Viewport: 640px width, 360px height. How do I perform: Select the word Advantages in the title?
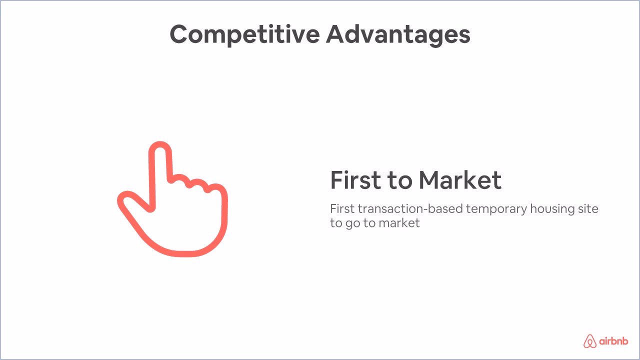click(398, 34)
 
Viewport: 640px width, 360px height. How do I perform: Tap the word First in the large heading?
click(354, 180)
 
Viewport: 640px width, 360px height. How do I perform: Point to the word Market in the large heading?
click(459, 180)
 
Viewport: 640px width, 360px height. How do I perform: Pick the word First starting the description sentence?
click(342, 208)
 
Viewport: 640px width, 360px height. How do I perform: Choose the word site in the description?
click(588, 208)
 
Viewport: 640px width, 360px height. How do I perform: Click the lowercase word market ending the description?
click(399, 223)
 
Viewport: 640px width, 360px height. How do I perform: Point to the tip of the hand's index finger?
click(160, 147)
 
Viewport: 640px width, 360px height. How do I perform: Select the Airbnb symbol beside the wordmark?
click(590, 341)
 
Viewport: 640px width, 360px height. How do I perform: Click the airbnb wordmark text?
click(614, 341)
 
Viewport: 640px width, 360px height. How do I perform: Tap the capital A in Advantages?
click(337, 34)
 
